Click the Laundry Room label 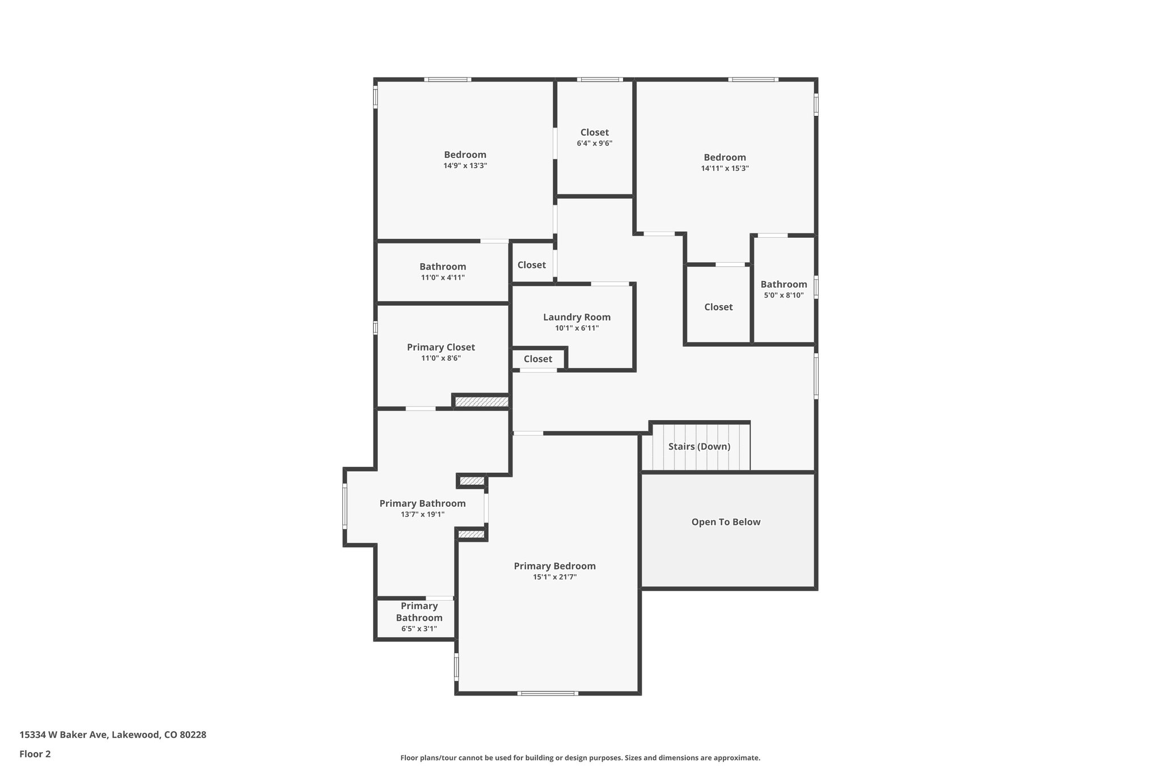click(x=577, y=317)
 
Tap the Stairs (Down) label click(x=699, y=446)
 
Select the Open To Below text click(x=726, y=522)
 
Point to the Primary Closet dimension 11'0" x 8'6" click(x=440, y=358)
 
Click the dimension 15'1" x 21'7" click(x=554, y=577)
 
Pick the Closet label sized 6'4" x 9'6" click(x=594, y=133)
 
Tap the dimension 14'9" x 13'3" click(x=465, y=166)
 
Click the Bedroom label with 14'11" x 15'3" click(x=724, y=157)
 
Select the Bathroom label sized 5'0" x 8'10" click(x=783, y=284)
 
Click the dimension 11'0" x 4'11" click(x=442, y=277)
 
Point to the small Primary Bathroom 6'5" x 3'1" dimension click(x=419, y=629)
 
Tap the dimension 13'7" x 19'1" click(x=422, y=514)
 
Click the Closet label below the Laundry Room click(x=537, y=359)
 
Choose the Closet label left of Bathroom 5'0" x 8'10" click(x=718, y=307)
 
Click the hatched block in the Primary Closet click(x=481, y=402)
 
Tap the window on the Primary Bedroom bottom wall click(x=548, y=693)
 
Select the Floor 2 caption click(x=35, y=754)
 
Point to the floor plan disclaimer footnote click(x=580, y=758)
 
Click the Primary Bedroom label click(x=554, y=566)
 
